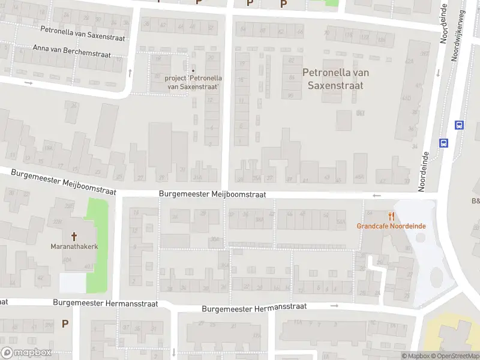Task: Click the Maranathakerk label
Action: pos(74,247)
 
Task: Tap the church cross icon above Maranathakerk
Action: pos(74,236)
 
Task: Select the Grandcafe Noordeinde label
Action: pos(391,226)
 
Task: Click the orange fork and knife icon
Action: pos(392,216)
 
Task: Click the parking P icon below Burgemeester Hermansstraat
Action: pos(65,323)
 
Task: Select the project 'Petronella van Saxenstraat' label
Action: pos(193,82)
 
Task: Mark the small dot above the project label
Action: pos(193,70)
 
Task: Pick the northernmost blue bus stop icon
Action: pos(459,125)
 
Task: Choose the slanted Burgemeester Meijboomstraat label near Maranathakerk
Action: pos(63,182)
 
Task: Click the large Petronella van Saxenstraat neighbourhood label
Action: pos(335,79)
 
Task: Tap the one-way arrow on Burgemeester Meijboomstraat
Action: pos(377,196)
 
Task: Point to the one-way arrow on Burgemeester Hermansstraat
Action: pos(334,306)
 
